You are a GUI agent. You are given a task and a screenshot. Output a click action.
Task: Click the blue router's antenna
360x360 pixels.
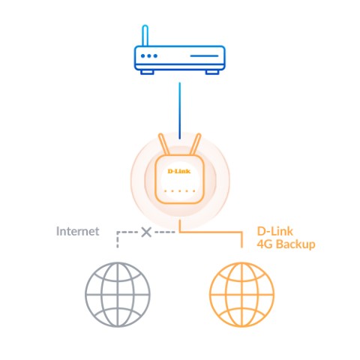(x=145, y=35)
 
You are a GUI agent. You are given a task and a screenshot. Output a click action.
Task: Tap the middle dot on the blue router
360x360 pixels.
(x=149, y=55)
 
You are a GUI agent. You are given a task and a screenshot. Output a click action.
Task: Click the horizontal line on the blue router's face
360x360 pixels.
(x=204, y=55)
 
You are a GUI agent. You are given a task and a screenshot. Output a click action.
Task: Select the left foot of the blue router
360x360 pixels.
(x=147, y=72)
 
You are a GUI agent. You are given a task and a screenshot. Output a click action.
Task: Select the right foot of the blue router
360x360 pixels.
(x=212, y=72)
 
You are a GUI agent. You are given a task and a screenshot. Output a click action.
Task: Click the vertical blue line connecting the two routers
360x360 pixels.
(x=179, y=111)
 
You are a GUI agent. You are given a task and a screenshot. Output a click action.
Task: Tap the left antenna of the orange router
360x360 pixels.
(x=163, y=145)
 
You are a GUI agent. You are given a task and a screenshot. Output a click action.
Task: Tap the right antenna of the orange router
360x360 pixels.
(x=196, y=145)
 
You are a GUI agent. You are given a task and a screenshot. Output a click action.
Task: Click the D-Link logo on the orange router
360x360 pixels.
(x=179, y=171)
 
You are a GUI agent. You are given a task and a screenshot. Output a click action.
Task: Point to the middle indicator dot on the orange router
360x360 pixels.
(x=179, y=191)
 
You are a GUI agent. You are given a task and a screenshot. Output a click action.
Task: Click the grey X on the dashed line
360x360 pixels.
(x=146, y=232)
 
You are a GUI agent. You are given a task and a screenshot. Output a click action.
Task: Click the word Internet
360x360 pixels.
(x=78, y=231)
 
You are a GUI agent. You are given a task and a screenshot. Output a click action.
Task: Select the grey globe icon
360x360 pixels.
(x=118, y=295)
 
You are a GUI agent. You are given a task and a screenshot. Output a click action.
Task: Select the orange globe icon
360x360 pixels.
(x=241, y=295)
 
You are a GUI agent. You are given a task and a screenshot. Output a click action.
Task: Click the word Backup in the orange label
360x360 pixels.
(x=295, y=244)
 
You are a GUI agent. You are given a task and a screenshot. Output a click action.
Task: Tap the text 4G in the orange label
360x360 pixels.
(x=265, y=244)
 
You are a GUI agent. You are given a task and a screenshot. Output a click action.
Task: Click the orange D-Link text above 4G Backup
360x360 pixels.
(x=275, y=232)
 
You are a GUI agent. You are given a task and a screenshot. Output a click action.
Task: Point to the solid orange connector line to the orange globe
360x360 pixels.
(x=211, y=232)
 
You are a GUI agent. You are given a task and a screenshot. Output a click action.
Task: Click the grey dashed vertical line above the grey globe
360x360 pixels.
(x=118, y=240)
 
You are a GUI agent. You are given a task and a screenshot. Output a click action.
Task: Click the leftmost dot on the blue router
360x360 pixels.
(x=143, y=55)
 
